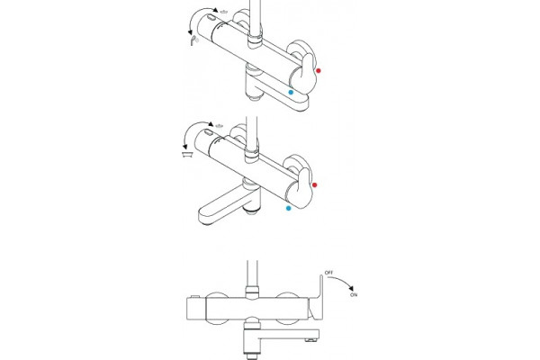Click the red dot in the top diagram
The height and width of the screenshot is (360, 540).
point(319,70)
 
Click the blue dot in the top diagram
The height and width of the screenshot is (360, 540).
point(291,93)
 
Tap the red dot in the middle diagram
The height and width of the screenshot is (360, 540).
point(314,185)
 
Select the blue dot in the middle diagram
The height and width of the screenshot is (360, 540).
point(289,208)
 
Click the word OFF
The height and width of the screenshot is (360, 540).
point(328,273)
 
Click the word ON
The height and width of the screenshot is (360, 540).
point(354,295)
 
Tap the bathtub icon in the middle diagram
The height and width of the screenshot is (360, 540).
point(187,154)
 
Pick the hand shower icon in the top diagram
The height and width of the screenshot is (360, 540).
point(194,40)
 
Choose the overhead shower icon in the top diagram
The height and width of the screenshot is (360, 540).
point(224,12)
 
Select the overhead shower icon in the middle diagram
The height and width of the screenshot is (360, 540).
point(219,126)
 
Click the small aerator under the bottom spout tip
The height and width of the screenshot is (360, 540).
point(311,340)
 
